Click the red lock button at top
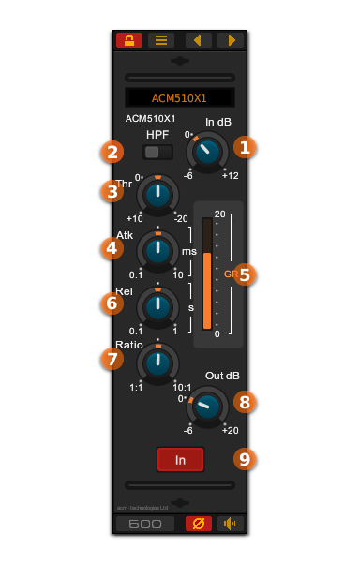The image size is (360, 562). coord(129,40)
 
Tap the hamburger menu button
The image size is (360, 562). coord(161,40)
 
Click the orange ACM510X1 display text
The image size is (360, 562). coord(179,98)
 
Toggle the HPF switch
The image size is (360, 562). coord(157,152)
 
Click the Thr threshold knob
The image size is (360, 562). coord(158,195)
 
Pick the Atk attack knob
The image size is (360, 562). coord(158,251)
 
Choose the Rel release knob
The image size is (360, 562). coord(158,306)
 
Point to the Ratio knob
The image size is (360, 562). coord(158,362)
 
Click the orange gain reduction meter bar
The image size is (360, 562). coord(207,289)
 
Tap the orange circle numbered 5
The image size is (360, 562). coord(245,274)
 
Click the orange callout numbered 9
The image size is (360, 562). coord(245,459)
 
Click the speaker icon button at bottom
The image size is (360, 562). coord(230,524)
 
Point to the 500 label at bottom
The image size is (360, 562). coord(145,524)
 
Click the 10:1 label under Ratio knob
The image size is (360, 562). coord(182,387)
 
